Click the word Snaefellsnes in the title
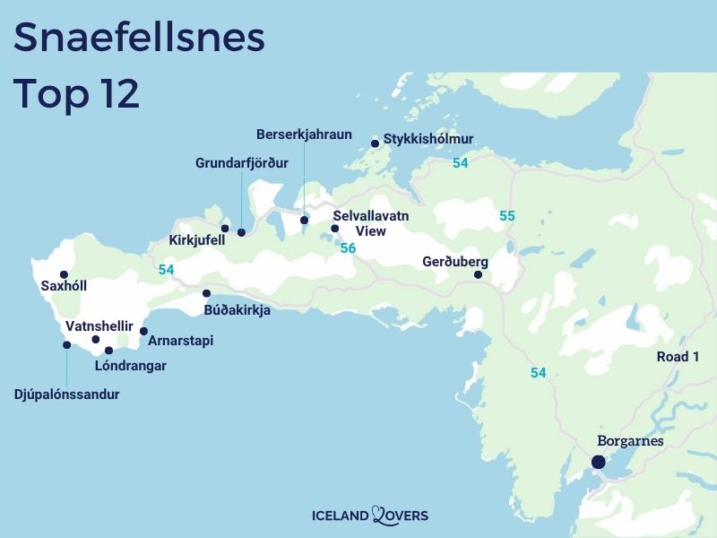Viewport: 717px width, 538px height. tap(141, 39)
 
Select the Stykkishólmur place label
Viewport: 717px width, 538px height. tap(428, 139)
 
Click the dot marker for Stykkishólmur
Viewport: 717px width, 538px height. tap(375, 143)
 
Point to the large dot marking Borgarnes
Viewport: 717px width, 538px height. tap(598, 463)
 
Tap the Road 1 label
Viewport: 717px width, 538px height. tap(678, 357)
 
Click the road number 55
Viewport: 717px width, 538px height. tap(507, 216)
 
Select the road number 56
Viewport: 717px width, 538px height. tap(348, 247)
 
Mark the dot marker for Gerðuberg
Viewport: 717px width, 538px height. tap(478, 274)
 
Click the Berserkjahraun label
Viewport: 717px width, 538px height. tap(304, 134)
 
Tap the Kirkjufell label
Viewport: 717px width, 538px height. tap(196, 240)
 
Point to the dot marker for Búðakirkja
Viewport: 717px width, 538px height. tap(206, 293)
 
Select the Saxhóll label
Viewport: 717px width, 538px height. tap(64, 287)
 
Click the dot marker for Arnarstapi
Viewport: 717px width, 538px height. tap(143, 331)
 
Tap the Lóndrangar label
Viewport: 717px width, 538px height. tap(132, 366)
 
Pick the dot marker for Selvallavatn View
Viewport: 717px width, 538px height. tap(334, 229)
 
